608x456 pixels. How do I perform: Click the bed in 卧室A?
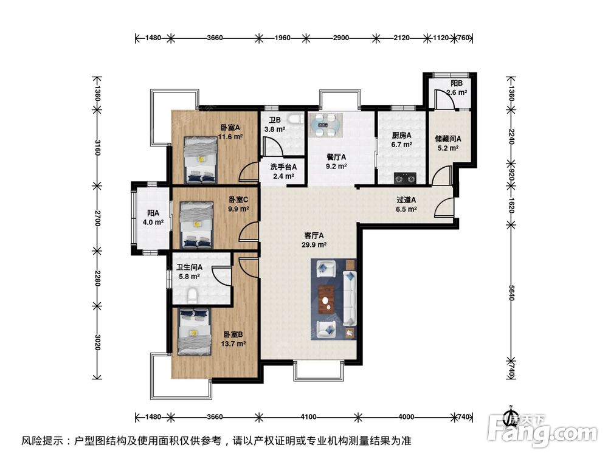[x=200, y=159]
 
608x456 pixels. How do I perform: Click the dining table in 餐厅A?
[x=326, y=125]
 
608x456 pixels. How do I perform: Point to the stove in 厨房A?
[x=406, y=179]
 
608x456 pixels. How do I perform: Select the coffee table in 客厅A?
[x=328, y=298]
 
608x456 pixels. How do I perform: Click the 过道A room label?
[x=406, y=199]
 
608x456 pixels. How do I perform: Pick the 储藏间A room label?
[x=449, y=138]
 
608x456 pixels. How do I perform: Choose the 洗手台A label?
[x=283, y=167]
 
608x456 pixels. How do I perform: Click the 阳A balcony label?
[x=153, y=213]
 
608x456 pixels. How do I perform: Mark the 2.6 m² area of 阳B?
[x=457, y=93]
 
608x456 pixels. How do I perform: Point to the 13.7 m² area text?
[x=233, y=344]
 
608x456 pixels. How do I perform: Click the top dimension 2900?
[x=340, y=38]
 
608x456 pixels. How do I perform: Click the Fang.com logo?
[x=546, y=433]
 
